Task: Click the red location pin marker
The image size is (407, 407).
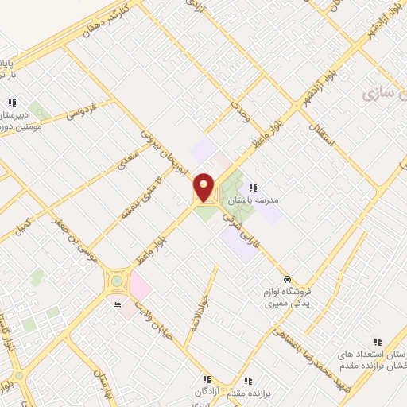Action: pyautogui.click(x=204, y=188)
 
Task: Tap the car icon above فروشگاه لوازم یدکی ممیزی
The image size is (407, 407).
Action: pyautogui.click(x=287, y=279)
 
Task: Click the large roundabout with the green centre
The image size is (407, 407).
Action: pyautogui.click(x=117, y=281)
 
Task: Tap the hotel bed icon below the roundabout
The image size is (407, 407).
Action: pyautogui.click(x=118, y=304)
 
